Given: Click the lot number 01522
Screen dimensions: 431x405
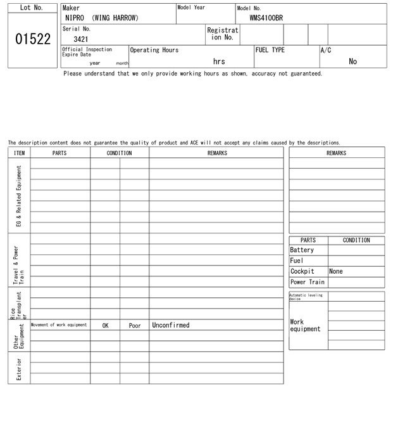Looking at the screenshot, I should point(32,39).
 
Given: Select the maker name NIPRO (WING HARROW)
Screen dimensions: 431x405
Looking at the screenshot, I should point(101,18).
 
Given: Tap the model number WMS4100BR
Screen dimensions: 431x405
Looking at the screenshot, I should point(266,18).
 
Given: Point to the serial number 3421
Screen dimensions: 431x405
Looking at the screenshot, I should point(81,39).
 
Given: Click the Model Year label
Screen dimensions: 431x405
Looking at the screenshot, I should point(191,8).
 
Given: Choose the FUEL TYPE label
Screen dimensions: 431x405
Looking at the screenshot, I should point(270,50).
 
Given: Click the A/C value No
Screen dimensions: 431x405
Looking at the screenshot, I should point(352,61).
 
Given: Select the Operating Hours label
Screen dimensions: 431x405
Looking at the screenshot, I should point(154,50).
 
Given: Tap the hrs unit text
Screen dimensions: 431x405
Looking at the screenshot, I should point(219,61).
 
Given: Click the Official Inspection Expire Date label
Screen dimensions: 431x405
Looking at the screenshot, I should point(87,52).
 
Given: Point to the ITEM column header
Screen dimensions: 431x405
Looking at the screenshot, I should point(19,153).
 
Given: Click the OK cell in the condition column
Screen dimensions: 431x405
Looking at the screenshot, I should point(105,325).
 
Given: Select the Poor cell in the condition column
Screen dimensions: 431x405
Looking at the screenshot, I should point(135,325).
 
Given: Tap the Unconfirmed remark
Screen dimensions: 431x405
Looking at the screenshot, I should point(171,325).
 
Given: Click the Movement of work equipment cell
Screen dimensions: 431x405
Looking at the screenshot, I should point(59,325).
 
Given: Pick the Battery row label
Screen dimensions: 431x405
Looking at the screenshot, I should point(302,250).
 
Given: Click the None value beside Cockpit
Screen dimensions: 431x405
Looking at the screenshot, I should point(336,271).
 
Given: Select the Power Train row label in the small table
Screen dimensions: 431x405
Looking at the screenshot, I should point(308,282).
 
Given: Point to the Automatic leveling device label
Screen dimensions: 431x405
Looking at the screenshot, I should point(306,297).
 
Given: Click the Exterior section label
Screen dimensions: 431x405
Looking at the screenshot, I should point(19,368).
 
